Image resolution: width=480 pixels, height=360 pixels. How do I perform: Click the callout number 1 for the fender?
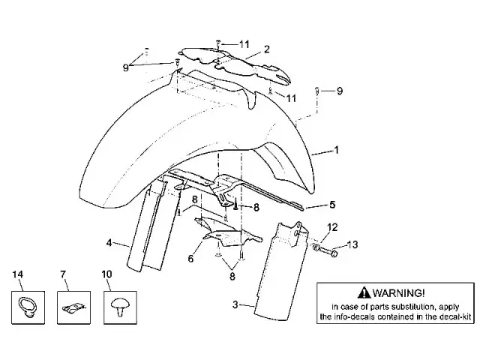(x=337, y=150)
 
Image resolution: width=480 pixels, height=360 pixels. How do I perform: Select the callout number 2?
(x=267, y=49)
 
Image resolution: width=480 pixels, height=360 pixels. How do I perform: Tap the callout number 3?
(x=235, y=304)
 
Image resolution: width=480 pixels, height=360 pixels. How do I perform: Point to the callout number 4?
(x=109, y=243)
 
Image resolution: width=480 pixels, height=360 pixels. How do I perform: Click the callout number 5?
(x=332, y=205)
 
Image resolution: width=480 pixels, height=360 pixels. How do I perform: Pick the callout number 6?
(x=190, y=259)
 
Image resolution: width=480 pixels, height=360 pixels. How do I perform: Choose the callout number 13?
(x=352, y=244)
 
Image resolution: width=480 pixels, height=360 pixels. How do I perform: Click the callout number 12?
(x=332, y=227)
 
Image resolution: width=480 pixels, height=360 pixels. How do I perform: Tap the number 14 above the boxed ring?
(x=18, y=274)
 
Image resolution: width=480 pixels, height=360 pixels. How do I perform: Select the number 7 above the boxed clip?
(x=63, y=274)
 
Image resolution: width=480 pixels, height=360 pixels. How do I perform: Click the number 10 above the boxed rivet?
(x=106, y=274)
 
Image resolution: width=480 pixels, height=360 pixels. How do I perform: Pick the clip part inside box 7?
(x=73, y=308)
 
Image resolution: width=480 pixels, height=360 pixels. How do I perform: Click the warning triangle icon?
(x=364, y=292)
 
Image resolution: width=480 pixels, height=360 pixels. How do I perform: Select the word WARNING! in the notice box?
(x=398, y=293)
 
